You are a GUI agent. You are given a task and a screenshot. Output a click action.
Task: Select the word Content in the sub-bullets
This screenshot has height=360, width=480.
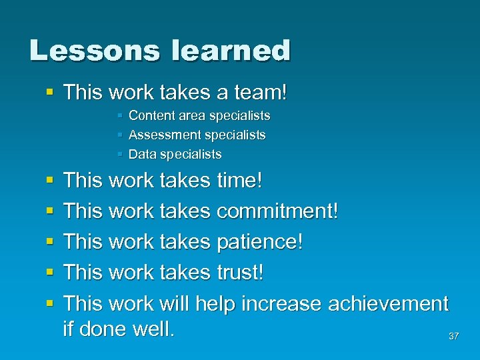coord(151,116)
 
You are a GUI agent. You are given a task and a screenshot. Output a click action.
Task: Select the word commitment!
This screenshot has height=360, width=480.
coord(278,211)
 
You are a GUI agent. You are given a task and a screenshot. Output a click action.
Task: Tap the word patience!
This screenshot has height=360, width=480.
coord(260,242)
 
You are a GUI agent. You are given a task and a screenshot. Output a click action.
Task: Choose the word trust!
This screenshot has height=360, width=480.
coord(241,273)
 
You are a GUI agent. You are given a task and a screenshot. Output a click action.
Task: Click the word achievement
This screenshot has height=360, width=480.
coord(388,304)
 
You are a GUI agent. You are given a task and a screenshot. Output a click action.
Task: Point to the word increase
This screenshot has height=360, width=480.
coord(281,304)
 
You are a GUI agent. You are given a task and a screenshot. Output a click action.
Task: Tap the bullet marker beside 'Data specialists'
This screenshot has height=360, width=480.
coord(119,155)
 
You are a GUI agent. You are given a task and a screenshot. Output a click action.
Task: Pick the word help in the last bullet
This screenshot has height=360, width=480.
coord(215,304)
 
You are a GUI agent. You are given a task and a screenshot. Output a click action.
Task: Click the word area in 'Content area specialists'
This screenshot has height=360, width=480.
coord(190,116)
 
